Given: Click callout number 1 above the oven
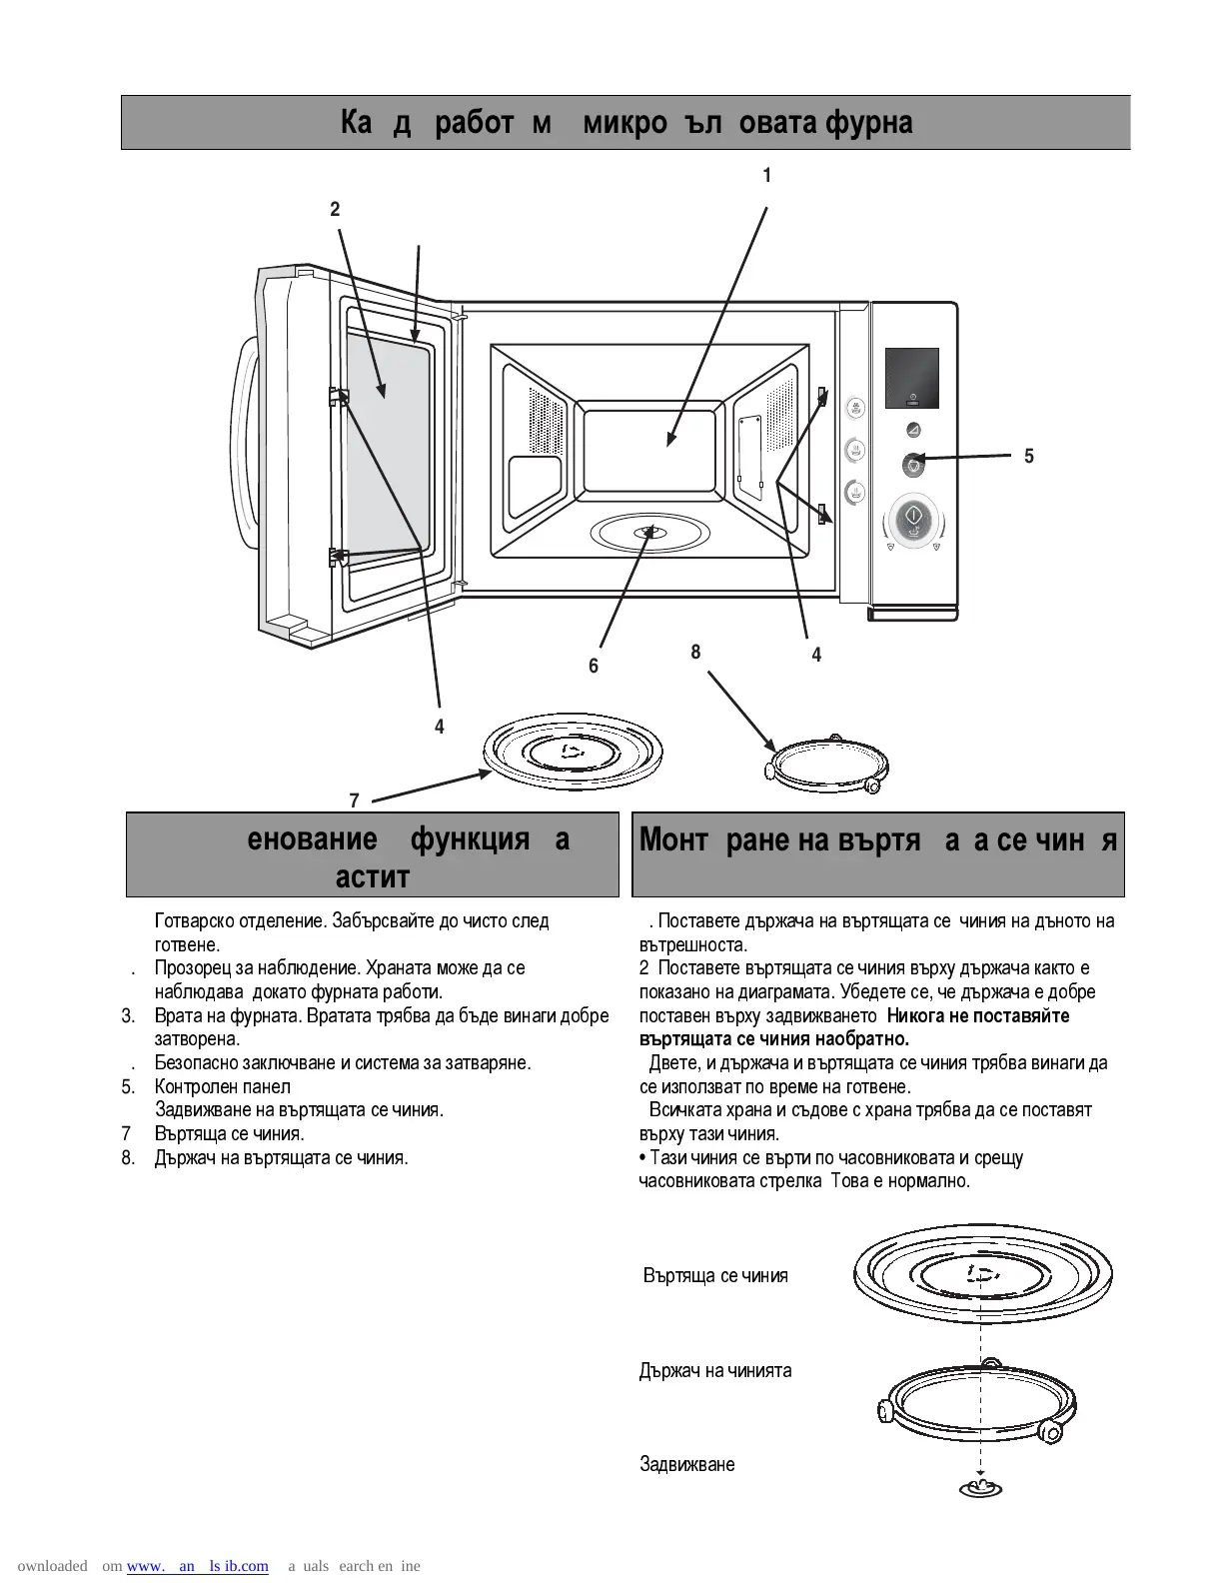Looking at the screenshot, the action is coord(766,176).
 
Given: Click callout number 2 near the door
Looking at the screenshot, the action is coord(335,209).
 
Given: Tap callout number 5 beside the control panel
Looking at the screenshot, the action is coord(1029,457).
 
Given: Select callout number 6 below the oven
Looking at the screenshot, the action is coord(594,666).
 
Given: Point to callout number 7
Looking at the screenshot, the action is coord(354,800).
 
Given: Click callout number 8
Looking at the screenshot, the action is coord(695,653).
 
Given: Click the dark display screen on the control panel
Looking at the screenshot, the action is coord(911,378).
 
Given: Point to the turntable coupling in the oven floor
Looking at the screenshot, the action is coord(649,532).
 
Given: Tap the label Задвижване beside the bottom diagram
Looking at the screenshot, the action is coord(686,1465).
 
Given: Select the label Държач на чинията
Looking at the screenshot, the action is coord(715,1371).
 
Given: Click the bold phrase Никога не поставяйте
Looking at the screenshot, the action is coord(978,1016).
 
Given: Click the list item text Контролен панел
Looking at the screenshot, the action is coord(223,1087).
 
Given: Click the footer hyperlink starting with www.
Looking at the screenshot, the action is coord(198,1566).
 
